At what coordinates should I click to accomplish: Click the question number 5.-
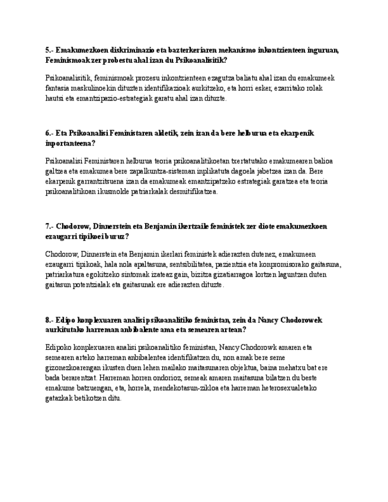click(x=49, y=50)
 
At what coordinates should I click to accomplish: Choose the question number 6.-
click(x=49, y=134)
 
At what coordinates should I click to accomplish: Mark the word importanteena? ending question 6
click(x=70, y=144)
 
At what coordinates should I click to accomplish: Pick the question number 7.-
click(x=49, y=227)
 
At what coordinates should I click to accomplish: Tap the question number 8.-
click(x=49, y=320)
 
